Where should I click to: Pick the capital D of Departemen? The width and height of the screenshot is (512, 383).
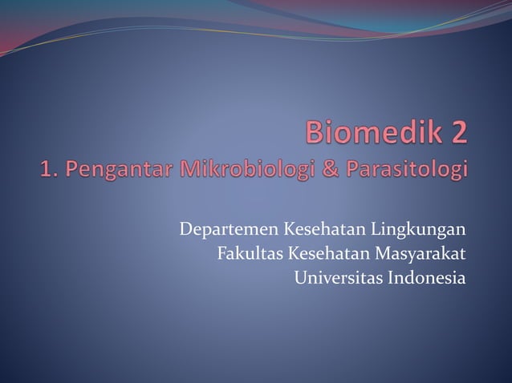(x=185, y=232)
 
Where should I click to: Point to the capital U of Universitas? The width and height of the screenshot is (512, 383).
(x=300, y=279)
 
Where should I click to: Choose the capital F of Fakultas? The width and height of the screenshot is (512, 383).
(x=221, y=256)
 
